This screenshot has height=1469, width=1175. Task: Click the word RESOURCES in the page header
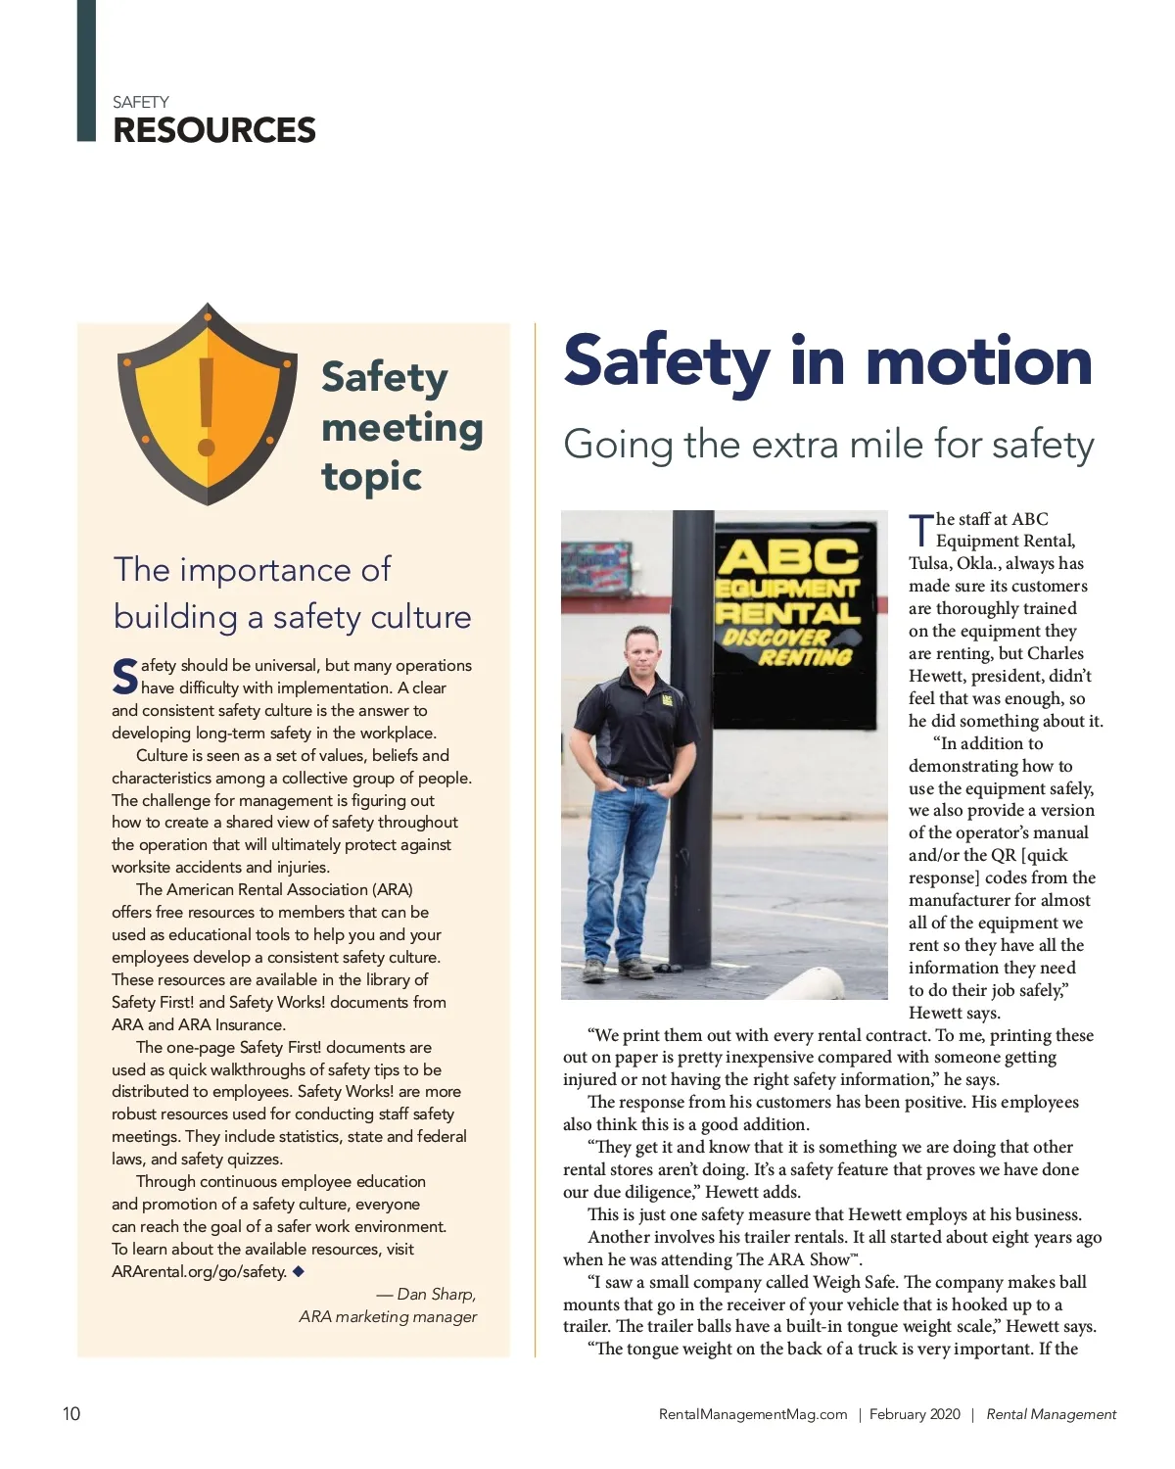tap(214, 130)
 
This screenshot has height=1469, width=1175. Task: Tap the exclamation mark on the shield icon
tap(207, 406)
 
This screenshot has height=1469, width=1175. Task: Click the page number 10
tap(71, 1413)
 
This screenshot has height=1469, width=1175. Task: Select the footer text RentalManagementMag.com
tap(753, 1414)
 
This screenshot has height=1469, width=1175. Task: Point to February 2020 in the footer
tap(915, 1414)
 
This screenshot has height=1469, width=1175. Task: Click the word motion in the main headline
tap(978, 361)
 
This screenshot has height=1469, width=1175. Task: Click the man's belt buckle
tap(637, 781)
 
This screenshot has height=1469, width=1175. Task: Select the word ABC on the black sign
tap(788, 557)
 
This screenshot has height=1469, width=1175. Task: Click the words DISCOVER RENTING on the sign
tap(788, 646)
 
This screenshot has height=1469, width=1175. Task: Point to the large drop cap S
tap(124, 677)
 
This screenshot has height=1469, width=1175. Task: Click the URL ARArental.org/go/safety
tap(199, 1271)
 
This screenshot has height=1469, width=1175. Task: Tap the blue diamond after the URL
tap(299, 1271)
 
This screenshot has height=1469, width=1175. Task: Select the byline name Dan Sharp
tap(436, 1294)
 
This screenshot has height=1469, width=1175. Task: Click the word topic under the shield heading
tap(371, 477)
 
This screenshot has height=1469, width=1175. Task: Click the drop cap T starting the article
tap(920, 530)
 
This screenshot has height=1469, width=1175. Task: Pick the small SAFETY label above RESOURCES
tap(140, 102)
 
